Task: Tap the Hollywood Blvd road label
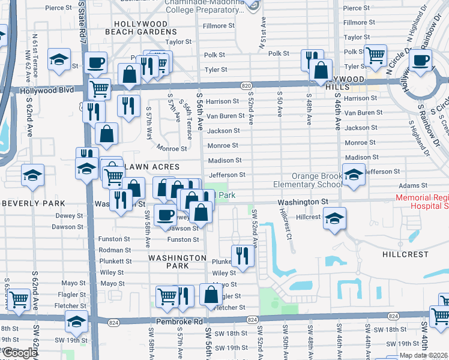point(47,90)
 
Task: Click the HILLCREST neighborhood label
point(405,254)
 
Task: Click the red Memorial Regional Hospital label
point(422,202)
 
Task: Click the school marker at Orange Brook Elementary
point(354,175)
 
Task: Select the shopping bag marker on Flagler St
point(211,295)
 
